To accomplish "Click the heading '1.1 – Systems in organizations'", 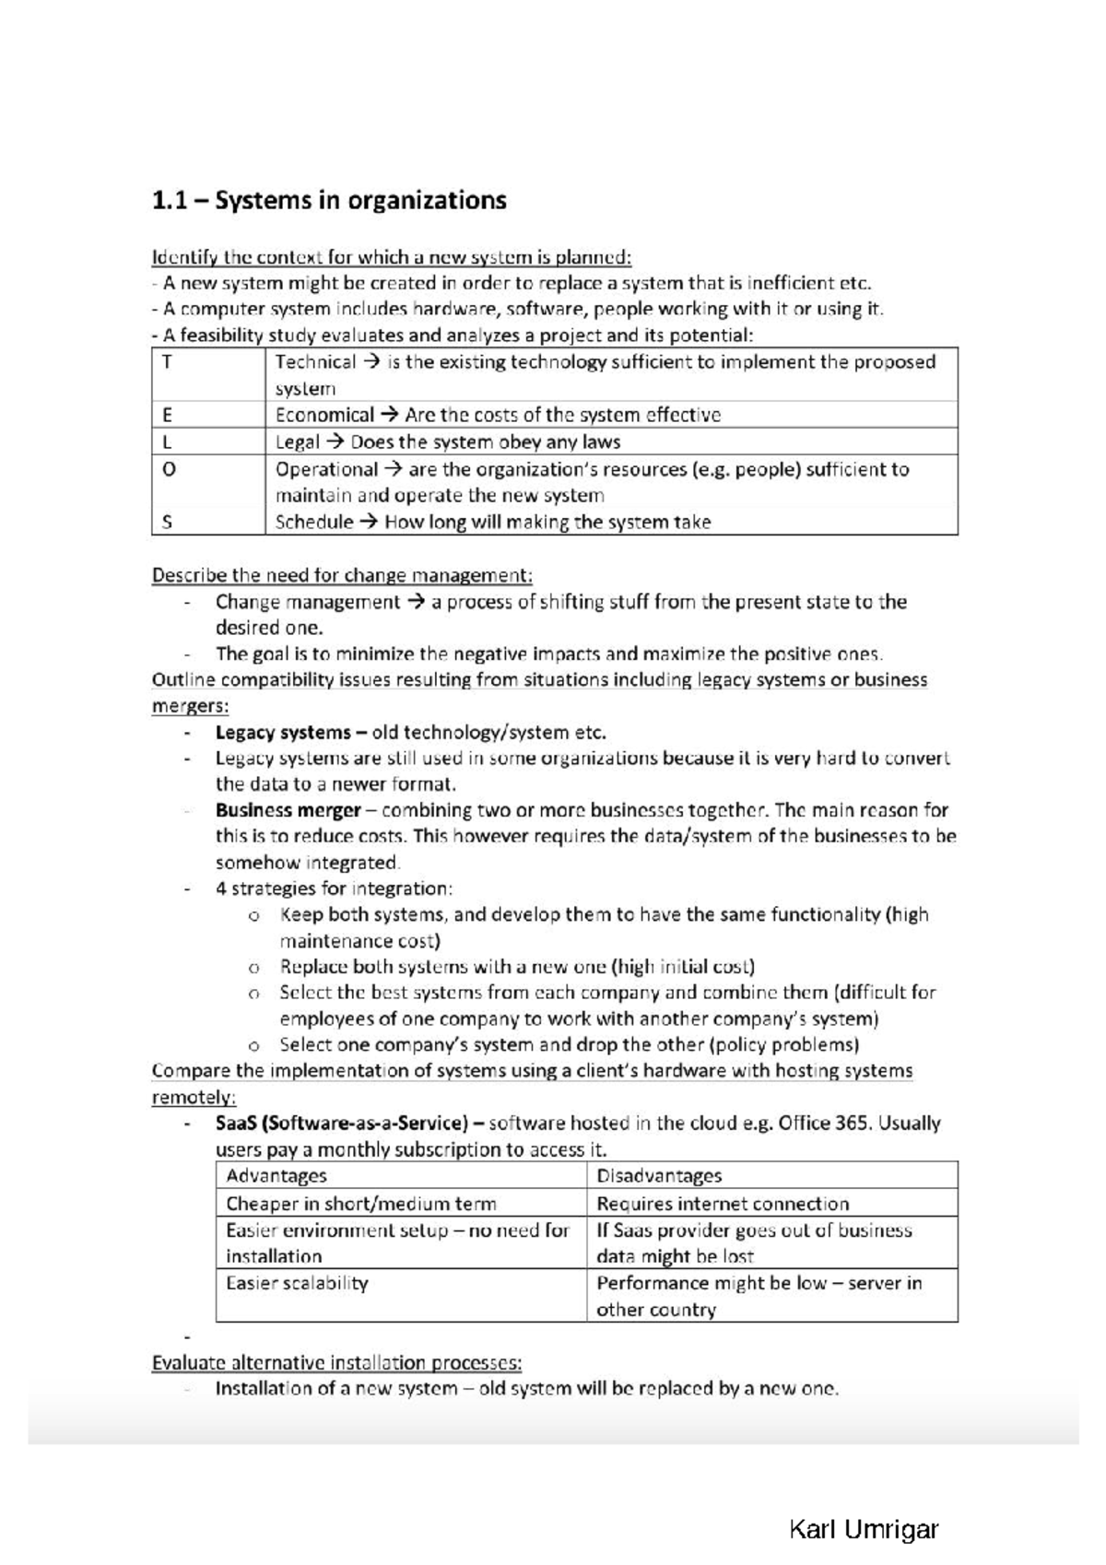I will click(329, 201).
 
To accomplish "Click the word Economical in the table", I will click(324, 415).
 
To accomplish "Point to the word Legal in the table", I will click(298, 441).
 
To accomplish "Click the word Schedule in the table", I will click(314, 522).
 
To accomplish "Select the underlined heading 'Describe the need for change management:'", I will click(342, 575).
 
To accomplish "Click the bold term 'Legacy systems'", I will click(283, 733).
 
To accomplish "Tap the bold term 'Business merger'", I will click(288, 810).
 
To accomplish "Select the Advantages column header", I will click(276, 1175).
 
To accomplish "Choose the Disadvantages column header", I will click(659, 1175).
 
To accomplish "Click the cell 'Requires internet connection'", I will click(723, 1203).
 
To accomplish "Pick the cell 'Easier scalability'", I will click(297, 1283).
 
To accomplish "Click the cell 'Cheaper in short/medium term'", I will click(361, 1203).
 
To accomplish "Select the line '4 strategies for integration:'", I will click(334, 888).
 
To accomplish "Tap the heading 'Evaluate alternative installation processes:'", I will click(336, 1362).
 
